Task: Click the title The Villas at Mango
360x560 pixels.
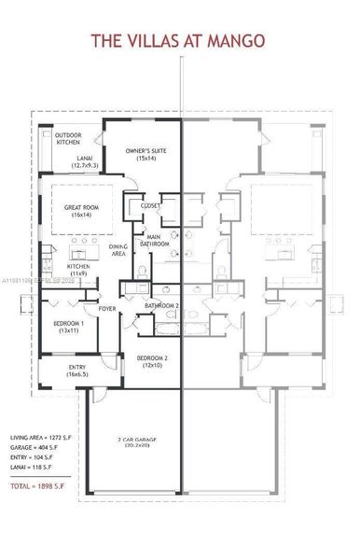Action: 177,40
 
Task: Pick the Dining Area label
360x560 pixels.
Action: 118,249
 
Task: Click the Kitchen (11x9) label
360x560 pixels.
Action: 78,270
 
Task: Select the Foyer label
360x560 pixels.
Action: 107,309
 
